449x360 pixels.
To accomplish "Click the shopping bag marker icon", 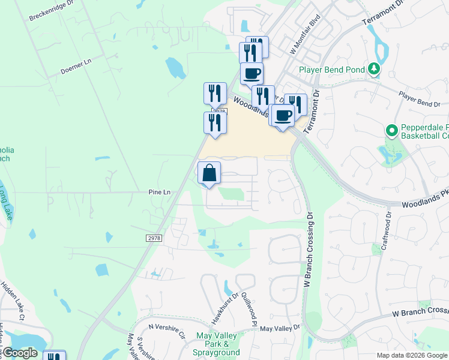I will click(209, 173).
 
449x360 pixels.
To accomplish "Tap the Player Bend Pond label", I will click(332, 70).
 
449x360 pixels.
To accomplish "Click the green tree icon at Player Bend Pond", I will click(374, 69).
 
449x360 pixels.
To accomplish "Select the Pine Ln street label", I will click(160, 192).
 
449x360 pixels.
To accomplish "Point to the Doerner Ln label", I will click(76, 67).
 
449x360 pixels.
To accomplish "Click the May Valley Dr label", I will click(280, 329).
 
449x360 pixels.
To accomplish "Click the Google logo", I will click(19, 353).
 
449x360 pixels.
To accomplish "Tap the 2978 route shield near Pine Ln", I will click(154, 238).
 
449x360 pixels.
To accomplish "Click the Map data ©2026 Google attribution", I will click(411, 355).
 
